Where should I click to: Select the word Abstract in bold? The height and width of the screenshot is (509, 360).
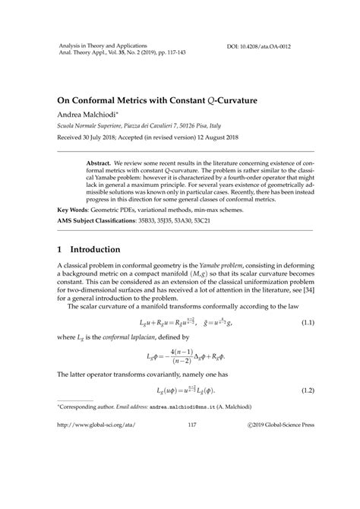pos(99,163)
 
